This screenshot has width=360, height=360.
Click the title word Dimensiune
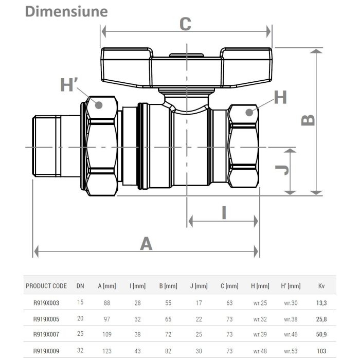click(67, 11)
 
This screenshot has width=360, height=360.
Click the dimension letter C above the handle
click(185, 24)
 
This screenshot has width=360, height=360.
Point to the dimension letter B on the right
click(307, 119)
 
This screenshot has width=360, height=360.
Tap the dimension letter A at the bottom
click(147, 243)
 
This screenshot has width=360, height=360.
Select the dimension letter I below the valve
click(224, 212)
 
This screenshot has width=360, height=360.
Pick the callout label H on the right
click(280, 97)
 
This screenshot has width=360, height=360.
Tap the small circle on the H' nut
click(99, 105)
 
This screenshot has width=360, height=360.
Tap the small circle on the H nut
click(250, 112)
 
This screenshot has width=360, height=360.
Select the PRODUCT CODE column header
click(46, 286)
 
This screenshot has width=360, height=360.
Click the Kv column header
click(322, 286)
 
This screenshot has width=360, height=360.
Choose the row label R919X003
click(46, 303)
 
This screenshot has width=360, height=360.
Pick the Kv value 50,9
click(322, 334)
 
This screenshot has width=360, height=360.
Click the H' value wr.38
click(291, 319)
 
